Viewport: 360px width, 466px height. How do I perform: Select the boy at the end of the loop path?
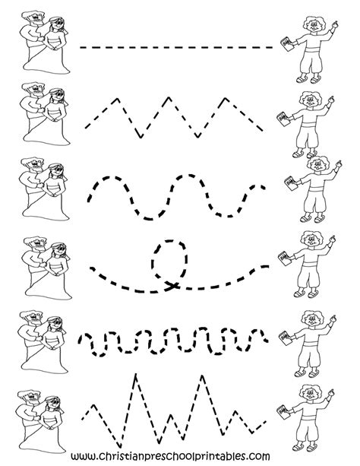point(311,262)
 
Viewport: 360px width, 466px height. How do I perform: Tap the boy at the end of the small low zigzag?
point(311,122)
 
